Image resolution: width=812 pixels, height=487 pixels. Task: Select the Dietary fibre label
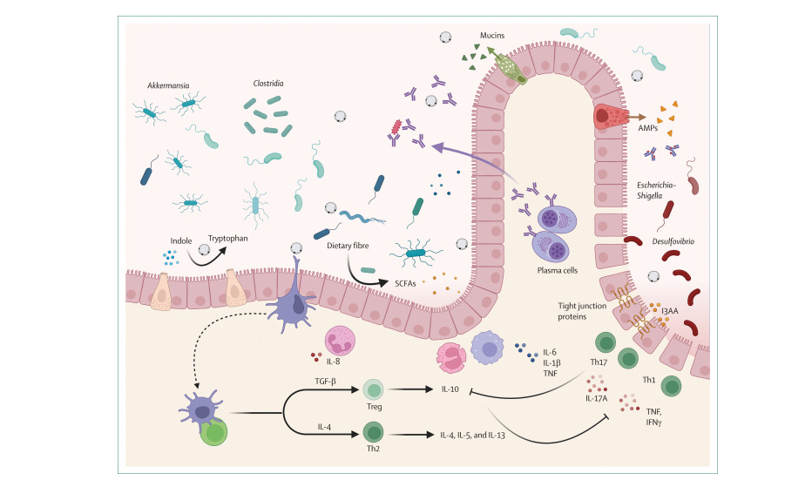(348, 246)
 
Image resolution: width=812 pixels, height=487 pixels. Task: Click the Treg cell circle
(373, 391)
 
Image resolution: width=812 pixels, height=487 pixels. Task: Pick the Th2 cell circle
(373, 433)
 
